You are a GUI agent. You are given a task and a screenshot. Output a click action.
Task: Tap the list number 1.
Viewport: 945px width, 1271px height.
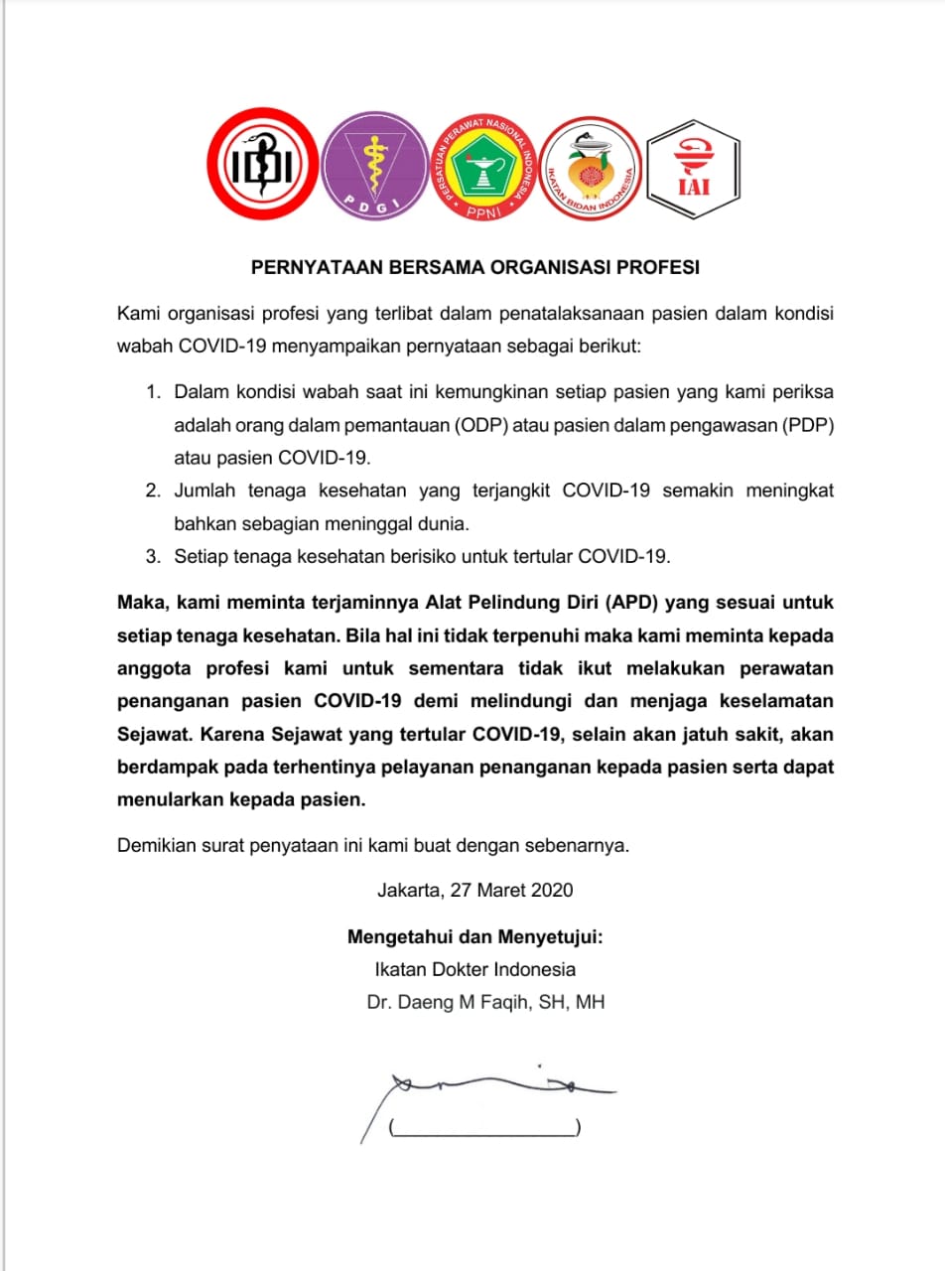coord(153,392)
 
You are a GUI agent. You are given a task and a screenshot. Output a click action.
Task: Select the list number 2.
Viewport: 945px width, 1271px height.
coord(153,490)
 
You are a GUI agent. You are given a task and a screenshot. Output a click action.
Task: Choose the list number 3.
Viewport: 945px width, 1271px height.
coord(153,556)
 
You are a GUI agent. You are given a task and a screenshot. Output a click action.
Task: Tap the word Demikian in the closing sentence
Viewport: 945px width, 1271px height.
coord(157,846)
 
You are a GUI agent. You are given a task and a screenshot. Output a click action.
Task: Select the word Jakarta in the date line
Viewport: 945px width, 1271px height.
coord(409,891)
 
